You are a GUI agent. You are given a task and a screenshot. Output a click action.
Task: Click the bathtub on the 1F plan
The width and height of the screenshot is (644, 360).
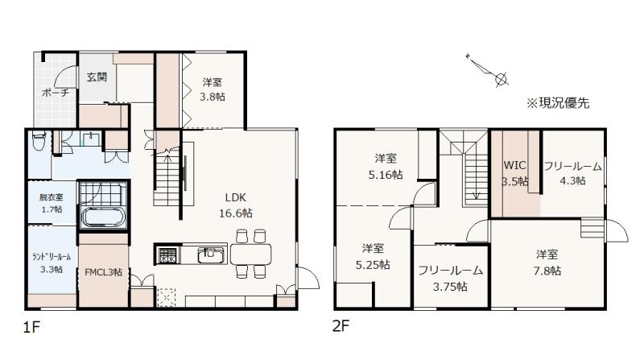104,217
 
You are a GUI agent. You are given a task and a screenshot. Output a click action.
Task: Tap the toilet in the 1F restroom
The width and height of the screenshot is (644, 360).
39,141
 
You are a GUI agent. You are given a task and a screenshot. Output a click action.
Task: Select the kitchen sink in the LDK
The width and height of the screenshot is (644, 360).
211,254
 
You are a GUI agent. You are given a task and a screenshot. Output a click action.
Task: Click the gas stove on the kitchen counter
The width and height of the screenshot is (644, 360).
167,255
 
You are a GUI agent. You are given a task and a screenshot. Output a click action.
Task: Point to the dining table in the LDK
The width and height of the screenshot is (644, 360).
251,254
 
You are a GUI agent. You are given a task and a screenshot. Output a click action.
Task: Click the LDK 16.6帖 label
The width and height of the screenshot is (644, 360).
236,205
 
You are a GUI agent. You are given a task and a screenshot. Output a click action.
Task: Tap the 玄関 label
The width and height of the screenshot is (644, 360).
97,77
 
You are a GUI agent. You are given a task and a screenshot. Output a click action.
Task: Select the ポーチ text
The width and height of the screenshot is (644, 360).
56,93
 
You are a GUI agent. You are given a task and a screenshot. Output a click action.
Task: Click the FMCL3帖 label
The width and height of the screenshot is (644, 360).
103,272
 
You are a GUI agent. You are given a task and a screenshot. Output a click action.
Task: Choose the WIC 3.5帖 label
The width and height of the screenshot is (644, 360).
515,173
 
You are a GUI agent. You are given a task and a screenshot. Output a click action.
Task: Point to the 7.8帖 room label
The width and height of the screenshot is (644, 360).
547,263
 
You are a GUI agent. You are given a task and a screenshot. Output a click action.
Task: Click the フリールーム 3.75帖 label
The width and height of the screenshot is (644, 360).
450,278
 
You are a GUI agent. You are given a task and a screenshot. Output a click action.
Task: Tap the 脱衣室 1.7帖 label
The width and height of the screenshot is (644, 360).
52,204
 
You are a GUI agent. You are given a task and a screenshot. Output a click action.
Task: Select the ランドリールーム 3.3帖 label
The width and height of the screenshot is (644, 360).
52,263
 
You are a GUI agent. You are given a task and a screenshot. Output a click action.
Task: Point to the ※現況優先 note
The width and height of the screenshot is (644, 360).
558,103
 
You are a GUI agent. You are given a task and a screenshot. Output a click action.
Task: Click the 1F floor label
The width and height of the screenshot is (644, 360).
31,328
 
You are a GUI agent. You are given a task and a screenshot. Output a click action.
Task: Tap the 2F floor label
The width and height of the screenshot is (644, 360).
341,326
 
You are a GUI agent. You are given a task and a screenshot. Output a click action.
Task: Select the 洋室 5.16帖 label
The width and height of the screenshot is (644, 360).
386,167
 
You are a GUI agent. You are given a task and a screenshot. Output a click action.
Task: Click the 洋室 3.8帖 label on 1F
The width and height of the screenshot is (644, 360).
213,89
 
